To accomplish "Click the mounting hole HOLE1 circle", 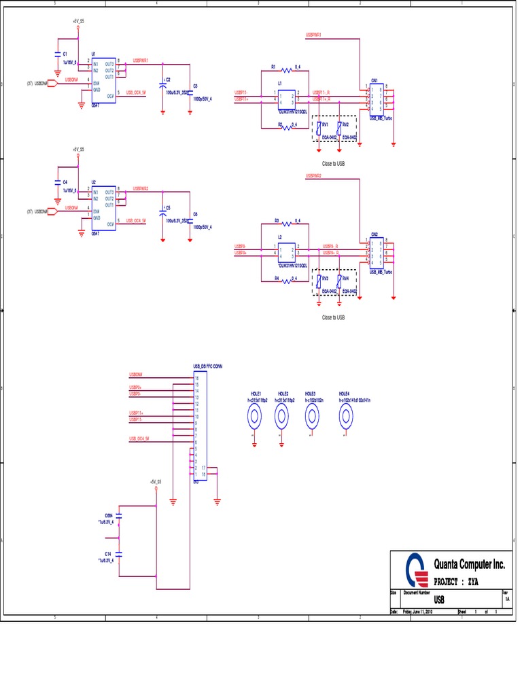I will [255, 420].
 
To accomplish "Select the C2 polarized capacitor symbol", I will [163, 84].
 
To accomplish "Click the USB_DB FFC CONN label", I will [208, 366].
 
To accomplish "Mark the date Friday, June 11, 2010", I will [417, 612].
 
